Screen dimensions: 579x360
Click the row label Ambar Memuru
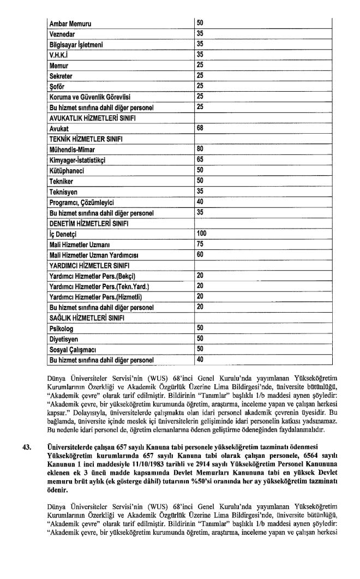[x=68, y=23]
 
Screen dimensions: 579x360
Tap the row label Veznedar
[x=62, y=34]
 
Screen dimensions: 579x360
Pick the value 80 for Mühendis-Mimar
[x=200, y=149]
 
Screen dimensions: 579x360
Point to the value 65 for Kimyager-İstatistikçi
[x=200, y=159]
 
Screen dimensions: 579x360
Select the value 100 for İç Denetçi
[x=202, y=234]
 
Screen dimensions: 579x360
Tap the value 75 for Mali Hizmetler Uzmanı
[x=200, y=244]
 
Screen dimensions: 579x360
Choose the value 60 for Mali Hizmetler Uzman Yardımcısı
[x=200, y=254]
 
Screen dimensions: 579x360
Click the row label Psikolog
[x=61, y=328]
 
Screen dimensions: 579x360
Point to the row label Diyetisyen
[x=64, y=338]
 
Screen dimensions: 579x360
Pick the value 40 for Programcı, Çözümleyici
[x=200, y=202]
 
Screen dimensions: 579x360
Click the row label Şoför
[x=58, y=86]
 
